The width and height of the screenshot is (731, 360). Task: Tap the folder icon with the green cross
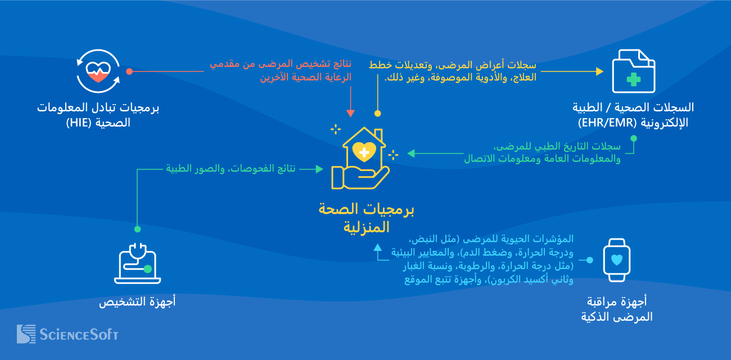pos(633,71)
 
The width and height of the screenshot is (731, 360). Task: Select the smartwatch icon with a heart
pos(617,260)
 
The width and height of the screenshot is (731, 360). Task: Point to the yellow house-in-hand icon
pos(360,158)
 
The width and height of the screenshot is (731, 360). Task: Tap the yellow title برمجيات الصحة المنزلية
pos(366,218)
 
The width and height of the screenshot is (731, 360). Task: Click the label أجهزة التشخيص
pos(137,302)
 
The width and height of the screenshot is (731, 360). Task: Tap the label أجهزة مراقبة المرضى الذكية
pos(617,308)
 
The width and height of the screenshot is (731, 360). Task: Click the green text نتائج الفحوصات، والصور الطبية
pos(234,169)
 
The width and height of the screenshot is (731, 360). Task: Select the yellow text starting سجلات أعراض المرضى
pos(452,71)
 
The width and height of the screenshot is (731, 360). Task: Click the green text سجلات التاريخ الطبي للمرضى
pos(542,152)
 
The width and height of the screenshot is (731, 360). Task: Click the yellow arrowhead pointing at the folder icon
pos(599,71)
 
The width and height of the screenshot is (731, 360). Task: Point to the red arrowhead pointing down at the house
pos(350,113)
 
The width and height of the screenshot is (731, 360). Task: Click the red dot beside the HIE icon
pos(129,71)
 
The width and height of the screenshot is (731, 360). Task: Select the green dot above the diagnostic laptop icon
pos(137,229)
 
